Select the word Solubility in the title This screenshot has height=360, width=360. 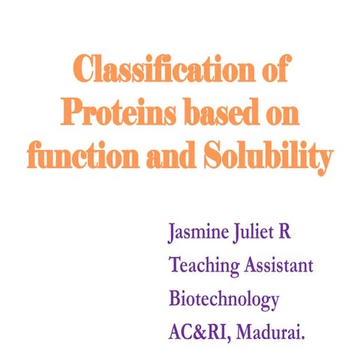click(262, 157)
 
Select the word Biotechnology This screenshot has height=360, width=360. click(224, 300)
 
